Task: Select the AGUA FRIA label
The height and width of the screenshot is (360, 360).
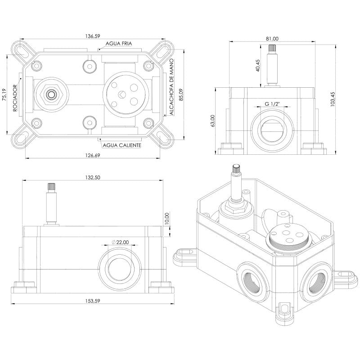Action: click(x=119, y=44)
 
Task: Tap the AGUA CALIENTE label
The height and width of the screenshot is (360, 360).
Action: click(x=122, y=145)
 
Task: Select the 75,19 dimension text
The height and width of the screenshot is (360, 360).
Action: click(x=4, y=95)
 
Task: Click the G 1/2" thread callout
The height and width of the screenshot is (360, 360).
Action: click(x=273, y=104)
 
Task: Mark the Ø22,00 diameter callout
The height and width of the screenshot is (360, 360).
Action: click(x=120, y=242)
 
